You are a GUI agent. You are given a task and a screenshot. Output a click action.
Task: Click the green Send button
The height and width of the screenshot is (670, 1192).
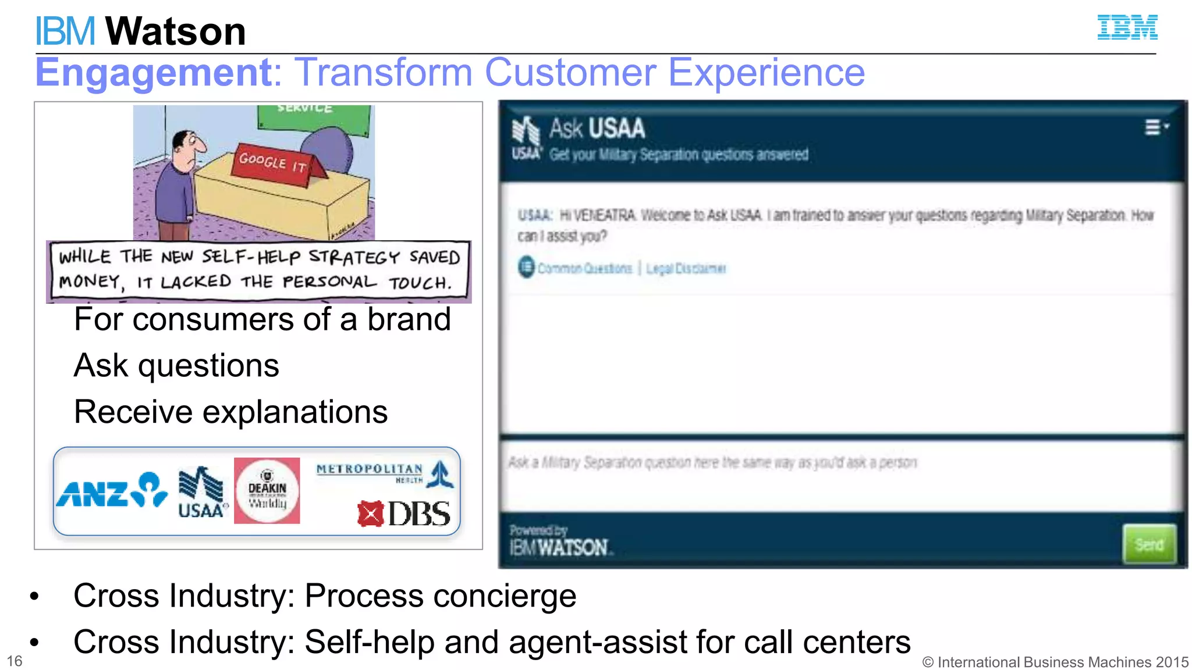(x=1149, y=544)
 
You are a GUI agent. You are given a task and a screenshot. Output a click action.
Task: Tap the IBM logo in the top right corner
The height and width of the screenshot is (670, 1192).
(x=1127, y=27)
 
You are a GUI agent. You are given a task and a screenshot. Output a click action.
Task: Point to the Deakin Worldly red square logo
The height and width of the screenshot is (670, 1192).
(x=267, y=490)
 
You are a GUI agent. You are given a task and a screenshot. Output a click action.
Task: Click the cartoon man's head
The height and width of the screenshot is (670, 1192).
(x=189, y=145)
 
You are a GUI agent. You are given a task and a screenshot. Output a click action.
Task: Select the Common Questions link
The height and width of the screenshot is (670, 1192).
(x=584, y=268)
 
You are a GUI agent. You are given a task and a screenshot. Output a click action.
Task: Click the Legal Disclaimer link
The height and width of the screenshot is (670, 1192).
(x=686, y=269)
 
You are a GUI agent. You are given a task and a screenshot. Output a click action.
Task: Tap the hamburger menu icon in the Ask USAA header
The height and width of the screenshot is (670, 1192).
(x=1153, y=127)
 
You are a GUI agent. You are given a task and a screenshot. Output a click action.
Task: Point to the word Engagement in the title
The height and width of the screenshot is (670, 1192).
(x=154, y=73)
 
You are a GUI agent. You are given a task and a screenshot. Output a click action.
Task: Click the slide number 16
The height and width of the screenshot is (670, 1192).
(x=14, y=661)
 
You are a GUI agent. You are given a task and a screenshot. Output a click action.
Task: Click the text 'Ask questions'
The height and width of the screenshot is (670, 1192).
(x=176, y=366)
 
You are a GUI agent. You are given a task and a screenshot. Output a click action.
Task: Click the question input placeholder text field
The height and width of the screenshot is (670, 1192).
(x=712, y=463)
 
